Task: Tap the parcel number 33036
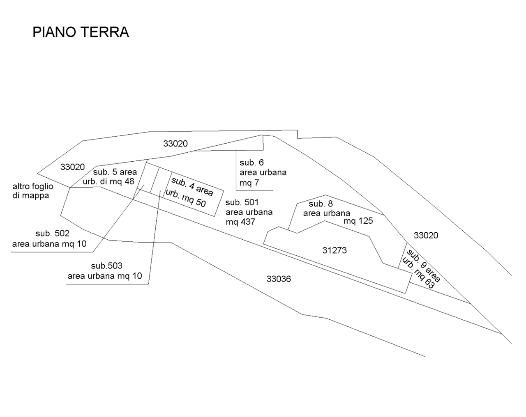coord(279,279)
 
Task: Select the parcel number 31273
coord(335,250)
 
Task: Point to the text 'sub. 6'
coord(252,163)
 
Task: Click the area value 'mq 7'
coord(249,183)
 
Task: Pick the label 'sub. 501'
coord(242,202)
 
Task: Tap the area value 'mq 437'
coord(241,222)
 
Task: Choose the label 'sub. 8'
coord(321,204)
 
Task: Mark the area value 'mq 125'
coord(358,221)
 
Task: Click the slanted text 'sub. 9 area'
coord(423,266)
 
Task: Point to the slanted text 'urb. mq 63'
coord(418,273)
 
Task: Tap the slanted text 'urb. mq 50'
coord(186,198)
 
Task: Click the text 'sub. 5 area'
coord(115,172)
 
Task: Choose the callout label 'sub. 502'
coord(53,234)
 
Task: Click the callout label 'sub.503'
coord(107,266)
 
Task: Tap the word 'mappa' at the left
coord(36,196)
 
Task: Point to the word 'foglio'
coord(42,186)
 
